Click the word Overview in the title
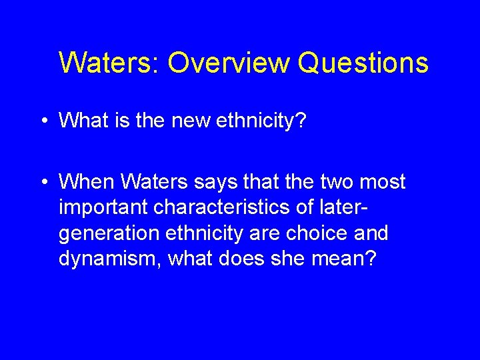tap(229, 63)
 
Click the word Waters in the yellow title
tap(107, 63)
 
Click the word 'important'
tap(103, 208)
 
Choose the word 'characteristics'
tap(224, 208)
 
